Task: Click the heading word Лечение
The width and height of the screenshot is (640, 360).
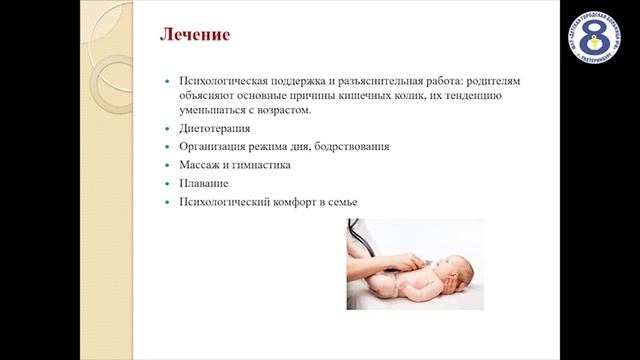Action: click(196, 36)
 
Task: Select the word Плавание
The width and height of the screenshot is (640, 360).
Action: click(203, 184)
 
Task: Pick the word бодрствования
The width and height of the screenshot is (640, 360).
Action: click(347, 147)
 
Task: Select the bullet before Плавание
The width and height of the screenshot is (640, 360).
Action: click(167, 185)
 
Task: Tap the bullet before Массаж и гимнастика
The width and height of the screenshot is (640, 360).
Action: click(167, 166)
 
